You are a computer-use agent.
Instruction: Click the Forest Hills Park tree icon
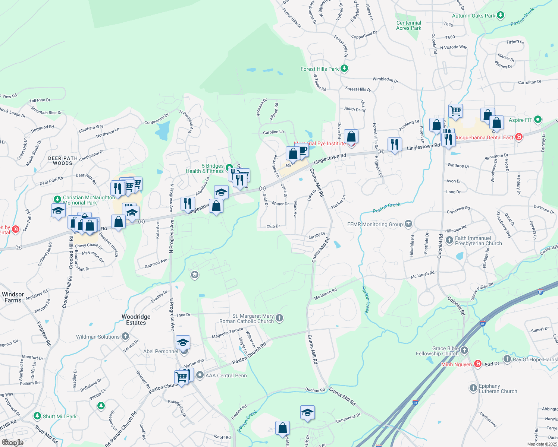(x=344, y=69)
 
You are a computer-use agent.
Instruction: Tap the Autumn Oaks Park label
(x=473, y=16)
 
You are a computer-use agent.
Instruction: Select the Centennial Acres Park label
(x=408, y=25)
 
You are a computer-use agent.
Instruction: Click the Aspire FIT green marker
(x=537, y=120)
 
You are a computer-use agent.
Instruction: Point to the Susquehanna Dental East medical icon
(x=518, y=137)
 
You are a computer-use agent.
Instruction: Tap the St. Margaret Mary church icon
(x=279, y=318)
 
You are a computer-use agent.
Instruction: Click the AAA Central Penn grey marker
(x=200, y=375)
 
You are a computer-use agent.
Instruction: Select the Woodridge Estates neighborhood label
(x=136, y=320)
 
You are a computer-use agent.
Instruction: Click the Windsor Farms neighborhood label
(x=13, y=297)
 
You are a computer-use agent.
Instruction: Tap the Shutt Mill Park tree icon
(x=37, y=416)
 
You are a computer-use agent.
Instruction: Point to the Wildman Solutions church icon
(x=125, y=336)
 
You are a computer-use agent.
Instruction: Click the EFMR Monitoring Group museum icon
(x=408, y=224)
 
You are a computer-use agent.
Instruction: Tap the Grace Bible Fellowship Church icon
(x=464, y=350)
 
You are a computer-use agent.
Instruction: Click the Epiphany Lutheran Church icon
(x=473, y=388)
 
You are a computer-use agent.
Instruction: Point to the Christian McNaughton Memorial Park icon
(x=57, y=199)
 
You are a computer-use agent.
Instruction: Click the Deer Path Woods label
(x=63, y=161)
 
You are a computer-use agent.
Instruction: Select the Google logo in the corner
(x=13, y=442)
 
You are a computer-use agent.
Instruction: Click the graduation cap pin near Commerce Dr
(x=307, y=412)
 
